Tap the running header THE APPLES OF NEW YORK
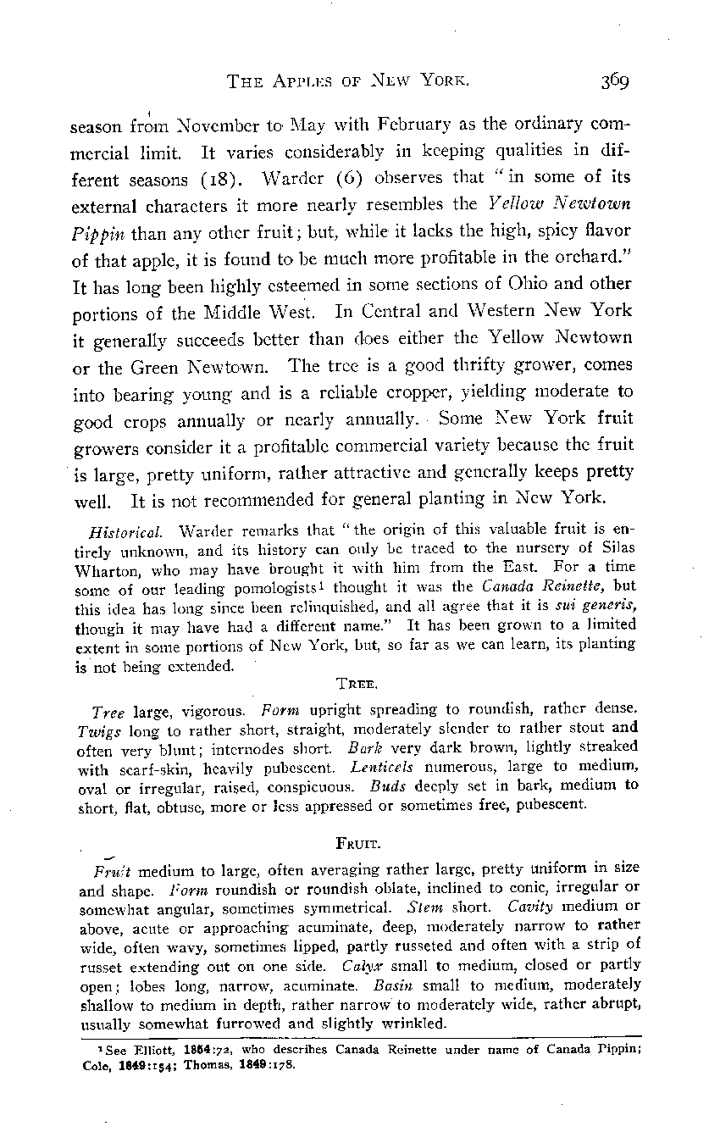click(348, 81)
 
